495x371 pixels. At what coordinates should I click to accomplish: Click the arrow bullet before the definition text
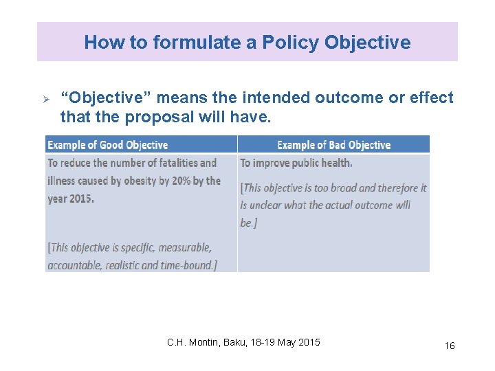(x=47, y=98)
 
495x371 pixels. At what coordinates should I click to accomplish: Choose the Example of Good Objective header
(x=108, y=145)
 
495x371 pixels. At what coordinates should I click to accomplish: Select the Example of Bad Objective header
(x=333, y=145)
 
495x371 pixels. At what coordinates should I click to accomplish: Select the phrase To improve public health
(x=296, y=163)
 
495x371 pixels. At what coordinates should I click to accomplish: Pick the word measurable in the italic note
(x=183, y=247)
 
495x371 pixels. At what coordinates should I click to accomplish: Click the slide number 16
(x=449, y=346)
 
